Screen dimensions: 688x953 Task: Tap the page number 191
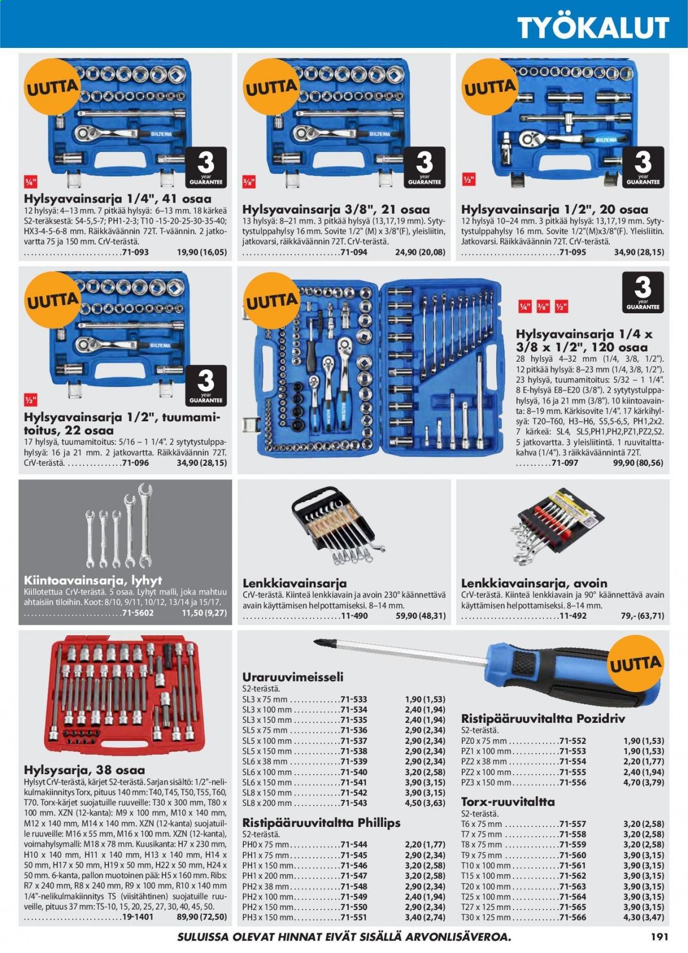pos(659,936)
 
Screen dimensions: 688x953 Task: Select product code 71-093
pos(135,252)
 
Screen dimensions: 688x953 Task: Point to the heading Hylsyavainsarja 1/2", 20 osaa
pos(554,209)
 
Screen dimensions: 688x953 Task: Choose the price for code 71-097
pos(638,463)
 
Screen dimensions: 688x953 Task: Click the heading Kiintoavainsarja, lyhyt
pos(93,580)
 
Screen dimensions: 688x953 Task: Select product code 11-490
pos(354,616)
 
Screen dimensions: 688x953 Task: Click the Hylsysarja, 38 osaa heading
pos(85,770)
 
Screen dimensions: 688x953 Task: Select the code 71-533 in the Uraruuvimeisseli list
pos(354,699)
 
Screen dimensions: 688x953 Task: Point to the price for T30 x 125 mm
pos(643,917)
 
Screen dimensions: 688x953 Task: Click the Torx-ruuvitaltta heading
pos(507,802)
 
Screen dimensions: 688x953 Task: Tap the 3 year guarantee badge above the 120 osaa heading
pos(642,292)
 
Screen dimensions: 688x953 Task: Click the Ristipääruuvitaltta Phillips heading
pos(321,823)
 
